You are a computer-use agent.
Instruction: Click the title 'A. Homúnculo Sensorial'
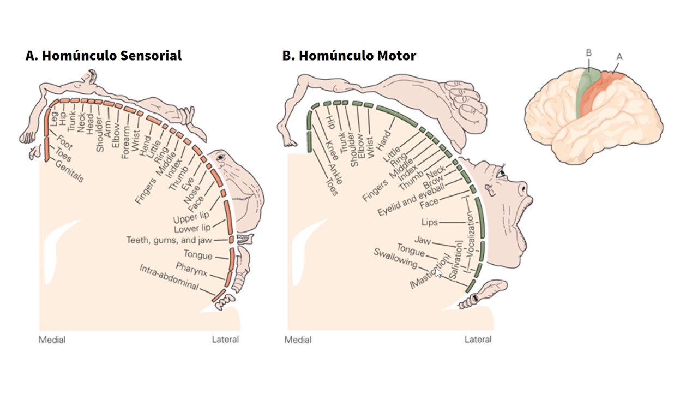click(x=103, y=56)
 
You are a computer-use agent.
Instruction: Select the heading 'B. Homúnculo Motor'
click(x=349, y=56)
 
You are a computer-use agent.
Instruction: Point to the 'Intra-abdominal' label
click(x=169, y=277)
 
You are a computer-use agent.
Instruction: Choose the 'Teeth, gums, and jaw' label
click(x=169, y=240)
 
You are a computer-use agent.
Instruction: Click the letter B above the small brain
click(x=589, y=53)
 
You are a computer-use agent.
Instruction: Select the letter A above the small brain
click(x=619, y=57)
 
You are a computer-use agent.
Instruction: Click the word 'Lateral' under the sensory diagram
click(x=225, y=340)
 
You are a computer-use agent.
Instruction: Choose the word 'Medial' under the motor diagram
click(x=298, y=340)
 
